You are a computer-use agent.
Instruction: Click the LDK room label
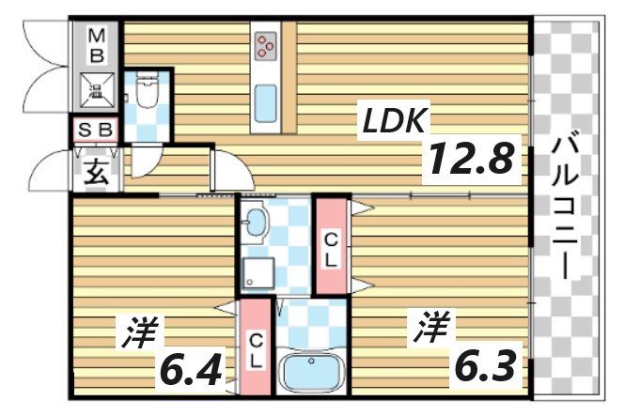[396, 119]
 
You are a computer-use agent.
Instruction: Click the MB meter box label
[97, 44]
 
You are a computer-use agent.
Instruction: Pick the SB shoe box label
[96, 130]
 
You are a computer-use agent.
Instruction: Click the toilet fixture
[146, 92]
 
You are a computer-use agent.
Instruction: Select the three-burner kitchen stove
[266, 44]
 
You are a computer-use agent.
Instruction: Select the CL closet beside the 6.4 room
[255, 347]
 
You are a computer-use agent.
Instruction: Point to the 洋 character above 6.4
[141, 331]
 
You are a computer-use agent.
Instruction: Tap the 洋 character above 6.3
[430, 329]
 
